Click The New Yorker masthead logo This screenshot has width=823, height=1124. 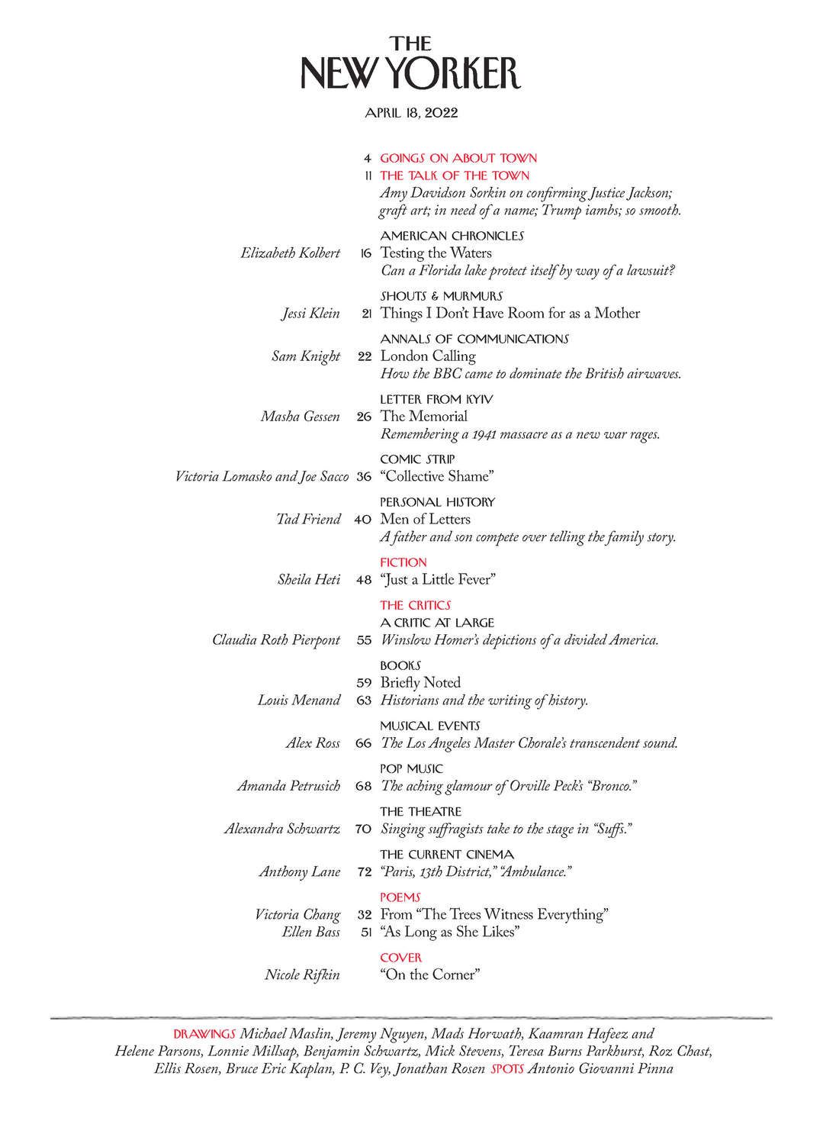point(410,63)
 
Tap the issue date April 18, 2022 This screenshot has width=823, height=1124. point(411,113)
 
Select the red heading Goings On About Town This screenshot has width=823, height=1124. point(458,158)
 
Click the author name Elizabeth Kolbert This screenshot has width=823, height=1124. point(290,253)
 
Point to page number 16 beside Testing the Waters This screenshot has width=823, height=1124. point(365,253)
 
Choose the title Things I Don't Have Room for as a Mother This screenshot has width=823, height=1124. point(510,313)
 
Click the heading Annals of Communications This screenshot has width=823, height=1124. point(474,339)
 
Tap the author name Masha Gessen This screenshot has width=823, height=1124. point(300,417)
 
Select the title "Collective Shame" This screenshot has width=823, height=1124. point(437,476)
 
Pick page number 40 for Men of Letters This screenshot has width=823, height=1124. point(362,520)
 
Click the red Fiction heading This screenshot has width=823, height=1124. point(403,562)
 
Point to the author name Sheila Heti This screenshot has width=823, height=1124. point(308,580)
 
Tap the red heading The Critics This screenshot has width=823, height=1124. point(415,605)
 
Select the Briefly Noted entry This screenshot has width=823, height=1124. point(420,682)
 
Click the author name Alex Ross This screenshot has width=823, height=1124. point(313,743)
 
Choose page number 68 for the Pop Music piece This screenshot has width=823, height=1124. point(363,786)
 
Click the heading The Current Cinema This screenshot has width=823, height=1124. point(447,855)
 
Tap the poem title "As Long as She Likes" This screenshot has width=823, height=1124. point(449,932)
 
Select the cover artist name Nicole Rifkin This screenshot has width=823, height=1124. point(302,974)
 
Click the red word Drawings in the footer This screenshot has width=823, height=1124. point(204,1035)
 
